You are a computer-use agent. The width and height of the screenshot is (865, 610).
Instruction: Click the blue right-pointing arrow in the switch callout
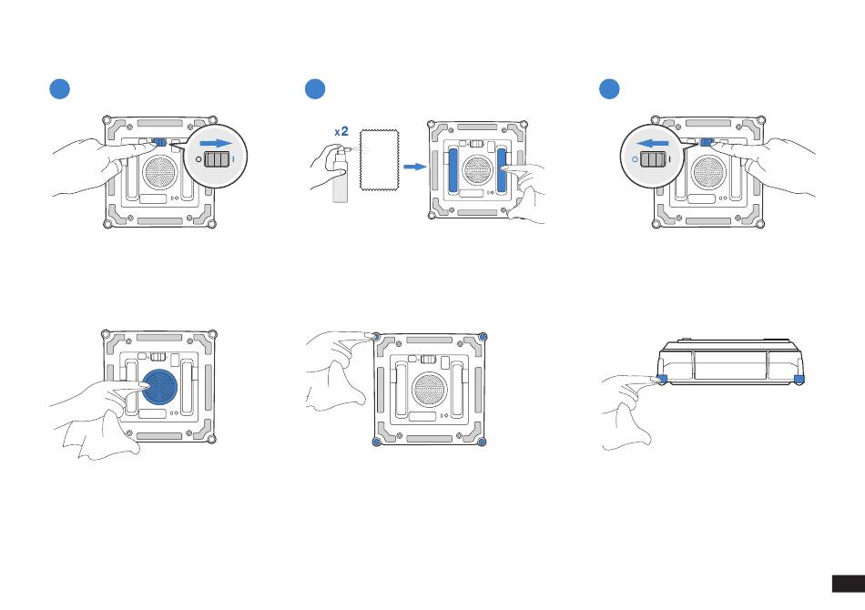pyautogui.click(x=216, y=144)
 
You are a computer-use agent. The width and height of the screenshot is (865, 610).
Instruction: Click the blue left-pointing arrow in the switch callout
pyautogui.click(x=652, y=144)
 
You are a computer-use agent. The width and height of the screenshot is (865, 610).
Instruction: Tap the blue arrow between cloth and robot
pyautogui.click(x=415, y=167)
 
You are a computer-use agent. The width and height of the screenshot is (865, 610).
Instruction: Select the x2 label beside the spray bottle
pyautogui.click(x=341, y=131)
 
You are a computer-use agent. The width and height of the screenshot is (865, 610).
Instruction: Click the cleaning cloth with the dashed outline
pyautogui.click(x=380, y=160)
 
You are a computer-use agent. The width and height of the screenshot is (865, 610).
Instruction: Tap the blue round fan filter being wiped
pyautogui.click(x=160, y=387)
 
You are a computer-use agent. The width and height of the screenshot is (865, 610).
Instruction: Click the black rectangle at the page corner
pyautogui.click(x=849, y=584)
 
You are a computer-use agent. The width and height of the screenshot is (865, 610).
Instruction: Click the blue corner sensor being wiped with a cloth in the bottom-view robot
pyautogui.click(x=376, y=336)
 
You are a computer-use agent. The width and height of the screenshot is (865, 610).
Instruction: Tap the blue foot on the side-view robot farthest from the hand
pyautogui.click(x=799, y=379)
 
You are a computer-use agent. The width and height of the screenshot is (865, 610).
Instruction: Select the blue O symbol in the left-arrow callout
pyautogui.click(x=635, y=159)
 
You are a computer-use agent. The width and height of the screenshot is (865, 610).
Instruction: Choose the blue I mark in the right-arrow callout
pyautogui.click(x=234, y=159)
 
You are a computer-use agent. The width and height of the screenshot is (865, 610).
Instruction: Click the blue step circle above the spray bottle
pyautogui.click(x=315, y=89)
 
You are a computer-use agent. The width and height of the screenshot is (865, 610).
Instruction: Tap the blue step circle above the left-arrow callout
pyautogui.click(x=609, y=89)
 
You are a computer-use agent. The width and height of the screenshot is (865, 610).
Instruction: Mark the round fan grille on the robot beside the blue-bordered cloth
pyautogui.click(x=478, y=170)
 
